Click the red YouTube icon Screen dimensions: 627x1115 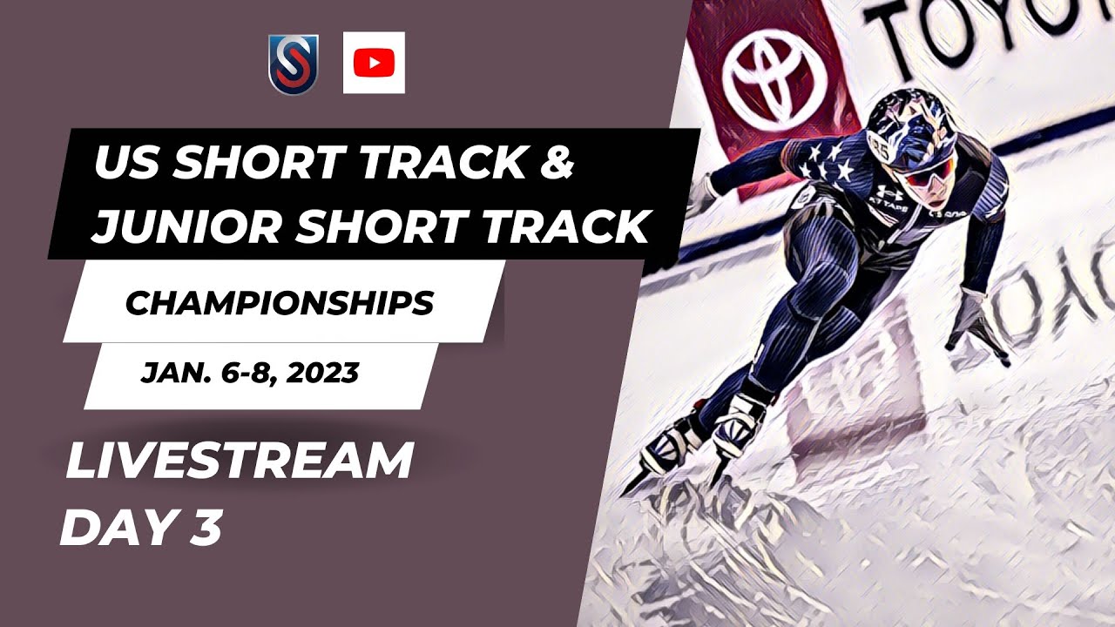[374, 63]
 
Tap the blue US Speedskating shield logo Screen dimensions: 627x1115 [293, 64]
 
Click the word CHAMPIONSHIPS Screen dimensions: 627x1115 [280, 303]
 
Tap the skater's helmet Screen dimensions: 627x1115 [906, 126]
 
